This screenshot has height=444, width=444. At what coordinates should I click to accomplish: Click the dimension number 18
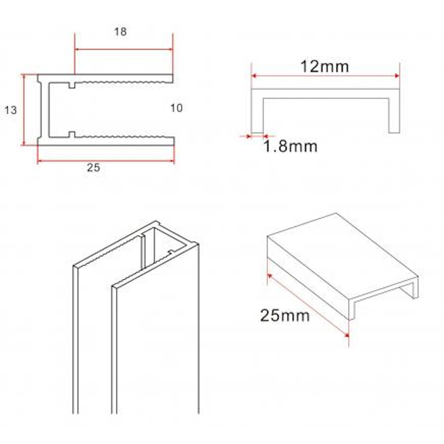[x=120, y=32]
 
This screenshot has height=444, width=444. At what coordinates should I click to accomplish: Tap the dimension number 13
[x=10, y=110]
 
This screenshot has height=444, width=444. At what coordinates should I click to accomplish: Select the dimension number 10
[x=176, y=108]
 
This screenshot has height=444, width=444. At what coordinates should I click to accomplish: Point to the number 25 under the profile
[x=93, y=168]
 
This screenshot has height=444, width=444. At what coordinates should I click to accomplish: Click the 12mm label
[x=326, y=66]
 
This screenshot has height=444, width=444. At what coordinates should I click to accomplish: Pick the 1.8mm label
[x=290, y=147]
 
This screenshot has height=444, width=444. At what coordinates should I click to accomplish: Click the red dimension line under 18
[x=123, y=49]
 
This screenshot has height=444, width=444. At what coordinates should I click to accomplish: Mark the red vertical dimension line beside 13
[x=23, y=110]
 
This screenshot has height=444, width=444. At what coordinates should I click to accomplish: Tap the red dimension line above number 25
[x=106, y=161]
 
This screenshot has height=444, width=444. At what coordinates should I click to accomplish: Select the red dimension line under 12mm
[x=326, y=75]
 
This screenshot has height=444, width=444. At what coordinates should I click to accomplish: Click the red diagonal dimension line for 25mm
[x=308, y=304]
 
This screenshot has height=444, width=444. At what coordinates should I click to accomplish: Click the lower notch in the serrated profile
[x=72, y=135]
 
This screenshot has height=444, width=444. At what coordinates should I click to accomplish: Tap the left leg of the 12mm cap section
[x=257, y=113]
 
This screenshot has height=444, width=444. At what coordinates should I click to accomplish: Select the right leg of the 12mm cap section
[x=394, y=113]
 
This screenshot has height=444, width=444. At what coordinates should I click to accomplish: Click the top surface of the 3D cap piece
[x=340, y=252]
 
